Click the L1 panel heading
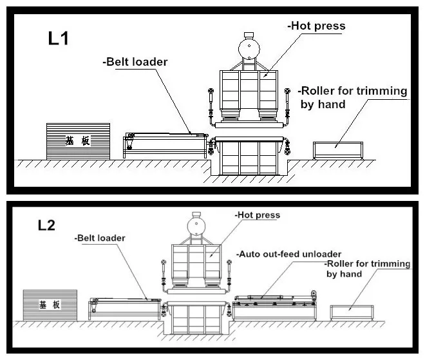click(x=58, y=39)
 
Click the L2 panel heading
click(x=46, y=225)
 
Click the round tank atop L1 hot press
click(x=249, y=49)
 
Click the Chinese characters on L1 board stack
click(x=78, y=140)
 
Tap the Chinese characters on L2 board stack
click(x=50, y=305)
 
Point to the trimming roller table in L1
click(x=338, y=150)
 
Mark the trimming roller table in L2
click(x=352, y=312)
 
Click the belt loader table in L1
click(x=165, y=146)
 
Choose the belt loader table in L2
click(x=125, y=309)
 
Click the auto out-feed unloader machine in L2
click(x=274, y=306)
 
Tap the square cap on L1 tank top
click(x=249, y=35)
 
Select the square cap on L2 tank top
click(x=196, y=215)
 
